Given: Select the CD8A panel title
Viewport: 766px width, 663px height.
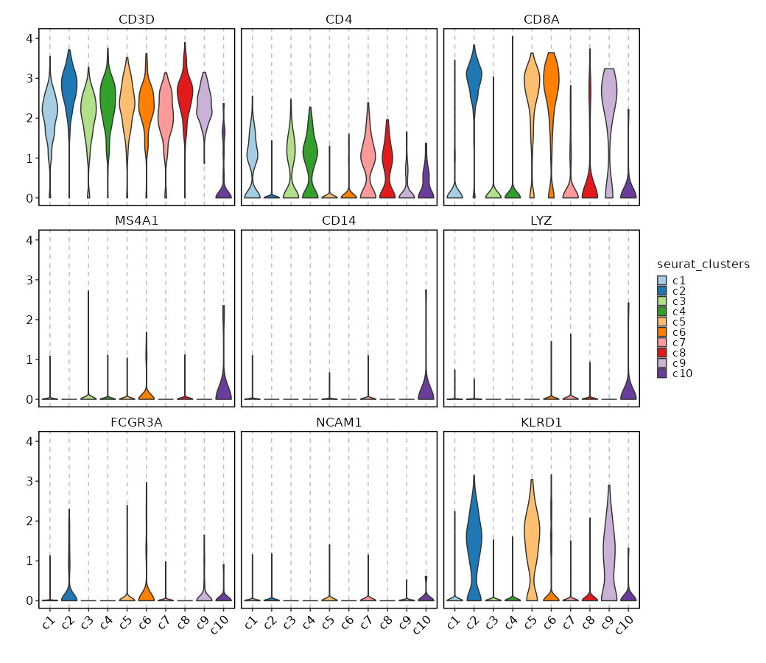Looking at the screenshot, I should pos(541,19).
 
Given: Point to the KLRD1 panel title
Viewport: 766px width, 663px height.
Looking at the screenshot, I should pos(541,422).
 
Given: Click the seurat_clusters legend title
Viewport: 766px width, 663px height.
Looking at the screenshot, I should pos(703,264).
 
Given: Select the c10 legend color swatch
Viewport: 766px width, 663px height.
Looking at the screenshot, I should pos(662,373).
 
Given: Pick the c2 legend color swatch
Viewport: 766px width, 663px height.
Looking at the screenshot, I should pos(662,291).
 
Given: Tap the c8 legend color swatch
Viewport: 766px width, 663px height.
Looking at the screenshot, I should pos(662,353).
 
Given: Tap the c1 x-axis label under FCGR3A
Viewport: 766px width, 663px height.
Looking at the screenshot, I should pos(49,623).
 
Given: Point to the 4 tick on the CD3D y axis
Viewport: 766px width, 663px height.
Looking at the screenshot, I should pos(27,38).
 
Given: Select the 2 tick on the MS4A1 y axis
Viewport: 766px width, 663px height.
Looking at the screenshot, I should pos(27,320).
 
